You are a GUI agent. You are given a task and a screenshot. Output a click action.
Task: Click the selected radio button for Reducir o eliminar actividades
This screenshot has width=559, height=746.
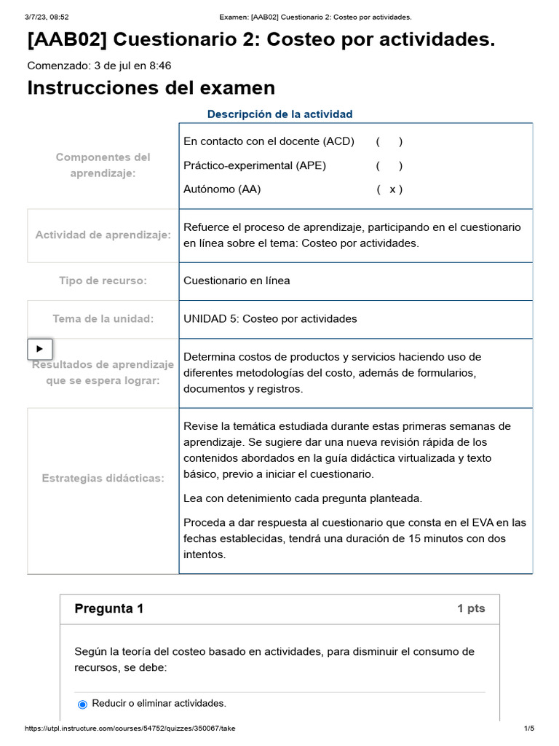pyautogui.click(x=82, y=704)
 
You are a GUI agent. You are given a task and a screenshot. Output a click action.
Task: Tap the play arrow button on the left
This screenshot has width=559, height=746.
pyautogui.click(x=40, y=349)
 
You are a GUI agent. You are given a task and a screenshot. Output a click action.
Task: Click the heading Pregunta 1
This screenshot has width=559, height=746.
pyautogui.click(x=109, y=609)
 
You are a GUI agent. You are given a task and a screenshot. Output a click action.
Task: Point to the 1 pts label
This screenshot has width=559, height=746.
pyautogui.click(x=471, y=609)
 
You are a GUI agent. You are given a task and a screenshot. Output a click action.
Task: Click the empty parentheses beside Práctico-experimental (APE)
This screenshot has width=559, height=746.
pyautogui.click(x=389, y=165)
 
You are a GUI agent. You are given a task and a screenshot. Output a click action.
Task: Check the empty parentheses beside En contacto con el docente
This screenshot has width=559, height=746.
pyautogui.click(x=389, y=141)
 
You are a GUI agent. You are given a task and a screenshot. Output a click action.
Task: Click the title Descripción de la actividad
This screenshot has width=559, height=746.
pyautogui.click(x=279, y=114)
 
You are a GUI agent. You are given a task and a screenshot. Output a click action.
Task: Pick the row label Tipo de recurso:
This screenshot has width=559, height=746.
pyautogui.click(x=103, y=281)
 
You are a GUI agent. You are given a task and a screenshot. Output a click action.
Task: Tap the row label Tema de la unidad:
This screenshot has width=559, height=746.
pyautogui.click(x=103, y=319)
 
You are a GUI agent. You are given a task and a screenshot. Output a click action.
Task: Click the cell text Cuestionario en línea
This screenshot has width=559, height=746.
pyautogui.click(x=237, y=281)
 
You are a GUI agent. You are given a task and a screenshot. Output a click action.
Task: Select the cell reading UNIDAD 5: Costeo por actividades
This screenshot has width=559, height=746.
pyautogui.click(x=270, y=319)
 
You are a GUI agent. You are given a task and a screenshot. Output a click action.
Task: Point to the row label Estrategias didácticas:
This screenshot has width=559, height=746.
pyautogui.click(x=103, y=478)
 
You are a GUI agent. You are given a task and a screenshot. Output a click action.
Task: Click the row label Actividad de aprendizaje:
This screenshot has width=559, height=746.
pyautogui.click(x=103, y=235)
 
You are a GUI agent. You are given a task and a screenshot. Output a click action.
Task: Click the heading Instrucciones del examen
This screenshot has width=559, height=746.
pyautogui.click(x=151, y=88)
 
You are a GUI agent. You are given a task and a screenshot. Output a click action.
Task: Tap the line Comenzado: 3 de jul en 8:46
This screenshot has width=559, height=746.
pyautogui.click(x=99, y=66)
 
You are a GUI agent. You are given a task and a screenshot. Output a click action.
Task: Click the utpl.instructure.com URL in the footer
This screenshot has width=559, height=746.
pyautogui.click(x=130, y=729)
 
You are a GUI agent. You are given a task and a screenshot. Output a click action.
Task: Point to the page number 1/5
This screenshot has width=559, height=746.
pyautogui.click(x=529, y=729)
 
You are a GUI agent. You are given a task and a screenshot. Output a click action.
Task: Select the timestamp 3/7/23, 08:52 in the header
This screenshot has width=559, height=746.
pyautogui.click(x=47, y=17)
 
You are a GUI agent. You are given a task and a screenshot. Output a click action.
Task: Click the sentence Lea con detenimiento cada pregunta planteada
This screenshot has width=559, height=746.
pyautogui.click(x=303, y=498)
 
